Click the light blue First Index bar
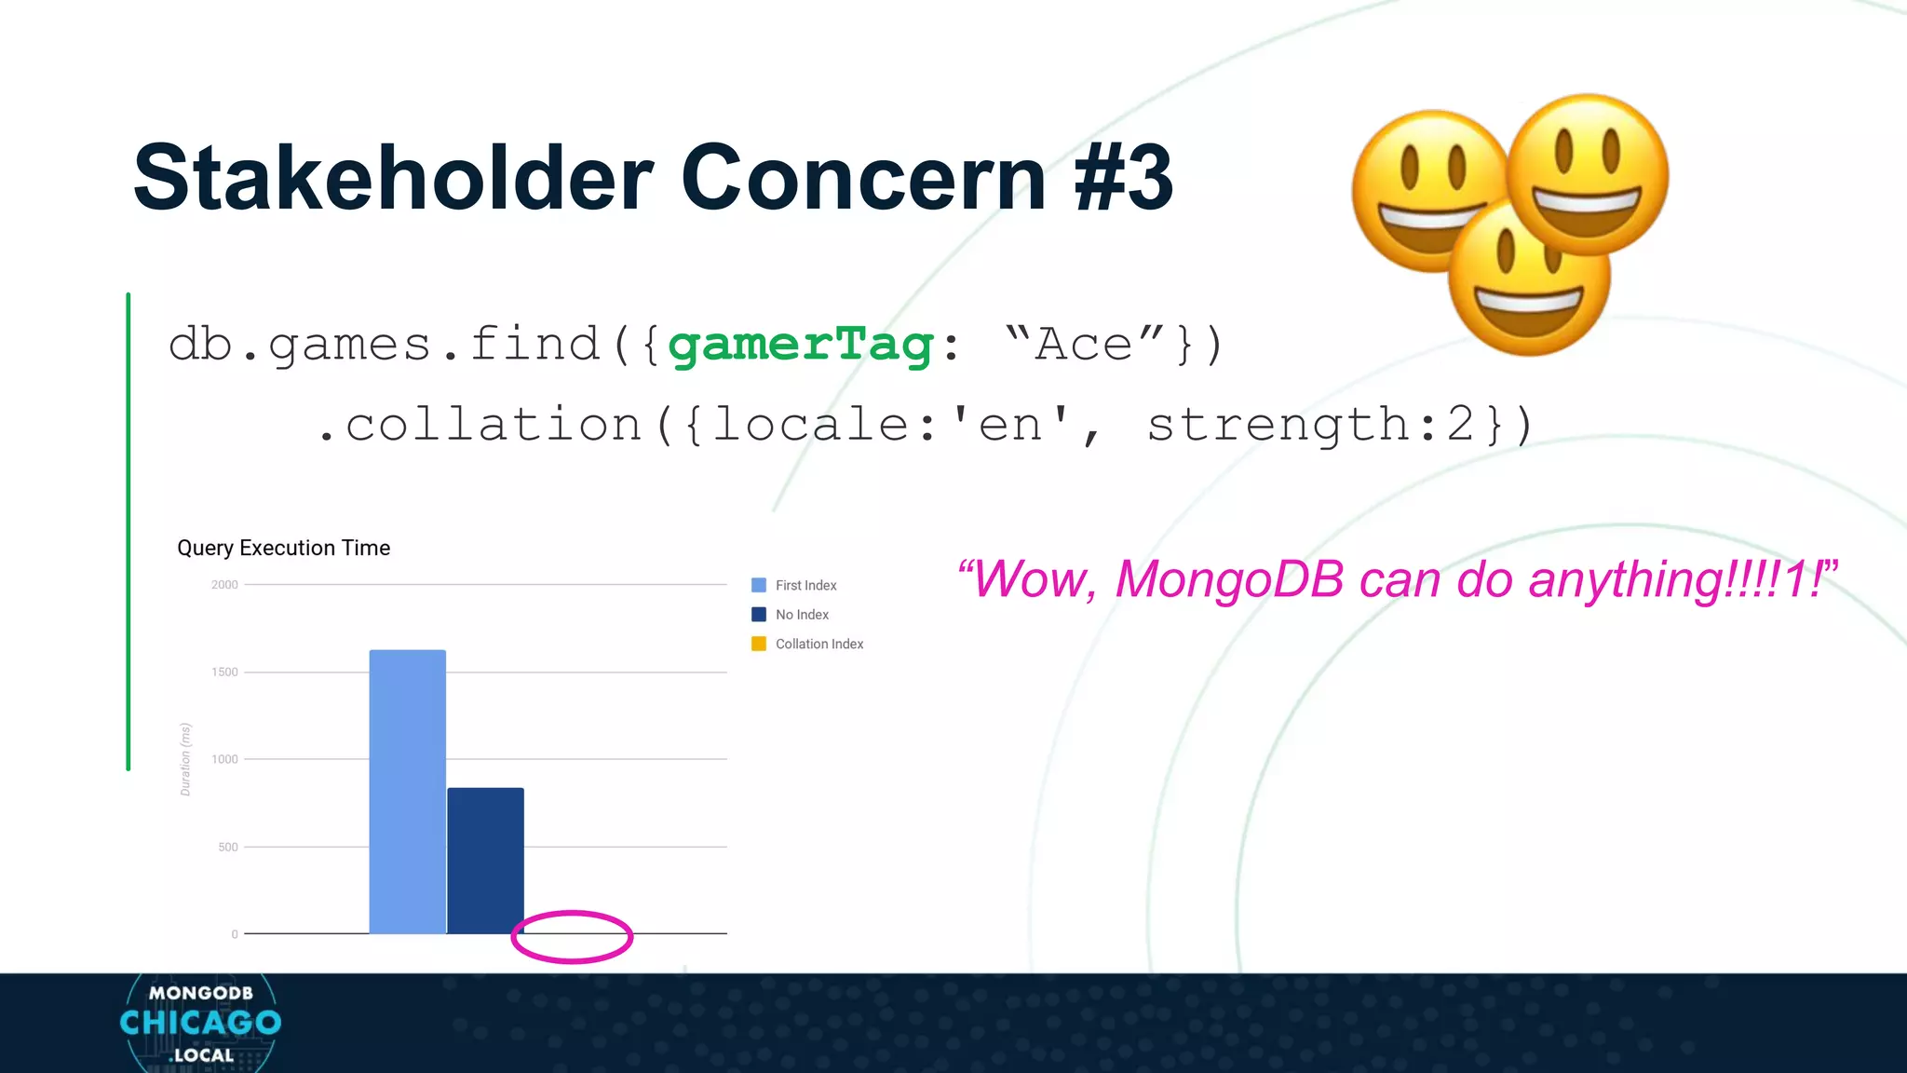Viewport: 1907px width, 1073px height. (407, 792)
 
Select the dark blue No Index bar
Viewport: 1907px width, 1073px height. (485, 861)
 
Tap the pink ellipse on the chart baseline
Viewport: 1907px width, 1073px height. (572, 936)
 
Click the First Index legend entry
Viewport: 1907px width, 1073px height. (805, 585)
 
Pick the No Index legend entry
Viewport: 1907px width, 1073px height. (802, 615)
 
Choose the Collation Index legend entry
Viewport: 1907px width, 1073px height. (818, 644)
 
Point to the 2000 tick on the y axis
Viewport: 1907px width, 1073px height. (224, 585)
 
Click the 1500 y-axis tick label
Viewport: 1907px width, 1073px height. (224, 672)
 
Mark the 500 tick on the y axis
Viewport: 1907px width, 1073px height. (228, 847)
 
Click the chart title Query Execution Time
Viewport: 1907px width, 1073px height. (283, 548)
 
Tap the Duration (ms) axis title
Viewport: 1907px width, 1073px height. (185, 759)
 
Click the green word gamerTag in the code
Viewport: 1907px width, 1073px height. (801, 345)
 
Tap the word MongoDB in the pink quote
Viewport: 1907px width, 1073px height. (1229, 579)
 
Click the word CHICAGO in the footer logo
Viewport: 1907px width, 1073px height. (200, 1023)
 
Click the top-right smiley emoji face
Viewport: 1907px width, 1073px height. (1587, 174)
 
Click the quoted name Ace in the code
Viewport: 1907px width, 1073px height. (1084, 345)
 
